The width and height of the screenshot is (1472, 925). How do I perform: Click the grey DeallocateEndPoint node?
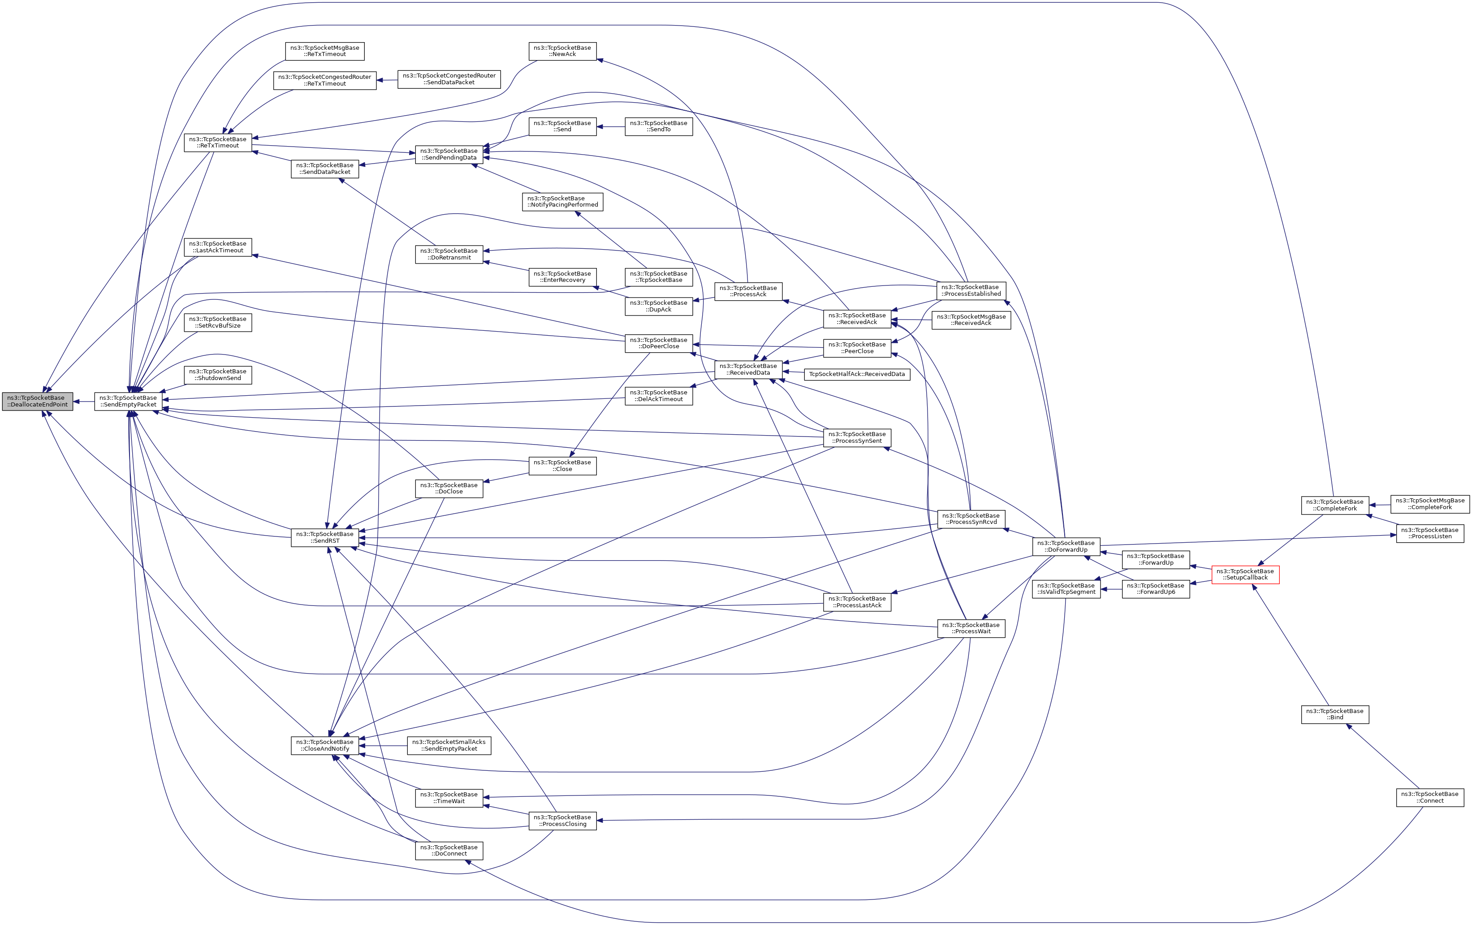tap(37, 401)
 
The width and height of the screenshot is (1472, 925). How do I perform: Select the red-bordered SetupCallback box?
tap(1245, 575)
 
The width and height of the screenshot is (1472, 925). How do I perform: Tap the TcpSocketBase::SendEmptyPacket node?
tap(128, 401)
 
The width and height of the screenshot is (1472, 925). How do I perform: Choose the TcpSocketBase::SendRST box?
tap(324, 537)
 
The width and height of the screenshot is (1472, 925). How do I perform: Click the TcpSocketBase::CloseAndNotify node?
tap(324, 745)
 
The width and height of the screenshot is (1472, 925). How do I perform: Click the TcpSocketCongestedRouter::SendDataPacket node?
tap(449, 79)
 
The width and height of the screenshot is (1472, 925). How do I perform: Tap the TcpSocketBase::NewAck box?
tap(562, 51)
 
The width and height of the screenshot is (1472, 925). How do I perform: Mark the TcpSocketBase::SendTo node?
tap(658, 126)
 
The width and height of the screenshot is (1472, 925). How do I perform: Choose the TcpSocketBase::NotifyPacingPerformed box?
tap(562, 202)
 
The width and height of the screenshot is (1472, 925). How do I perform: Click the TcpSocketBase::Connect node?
tap(1430, 797)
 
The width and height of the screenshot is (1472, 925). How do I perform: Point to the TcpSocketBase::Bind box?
tap(1334, 714)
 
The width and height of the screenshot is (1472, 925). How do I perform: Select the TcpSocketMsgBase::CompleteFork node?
tap(1430, 504)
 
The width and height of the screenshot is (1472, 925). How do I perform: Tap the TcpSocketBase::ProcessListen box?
tap(1430, 533)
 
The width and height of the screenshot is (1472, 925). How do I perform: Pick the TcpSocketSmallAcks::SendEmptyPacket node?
tap(449, 745)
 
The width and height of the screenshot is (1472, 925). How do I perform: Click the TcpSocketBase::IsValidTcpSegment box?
tap(1066, 589)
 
